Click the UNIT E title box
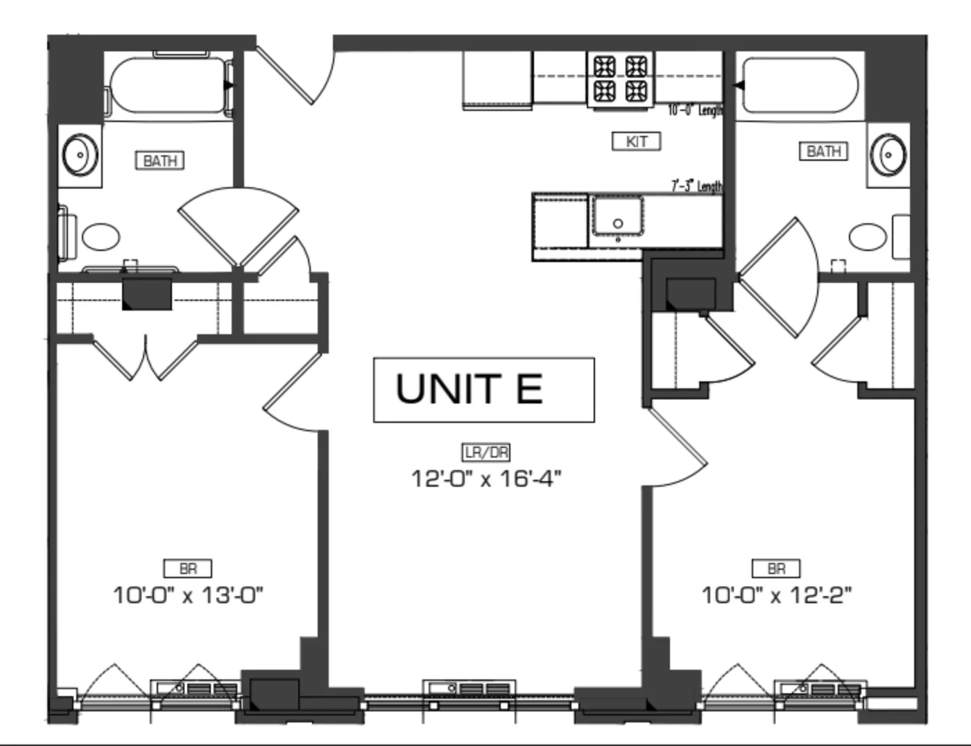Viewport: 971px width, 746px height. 483,390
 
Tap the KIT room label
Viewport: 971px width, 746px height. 636,141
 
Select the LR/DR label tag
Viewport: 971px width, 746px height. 486,453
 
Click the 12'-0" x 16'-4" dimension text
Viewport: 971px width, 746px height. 486,478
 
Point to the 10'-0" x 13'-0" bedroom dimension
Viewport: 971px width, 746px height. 188,595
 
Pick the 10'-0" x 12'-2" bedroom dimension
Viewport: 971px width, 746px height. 776,595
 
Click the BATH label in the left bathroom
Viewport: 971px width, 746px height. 160,161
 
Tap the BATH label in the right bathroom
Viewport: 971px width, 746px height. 823,151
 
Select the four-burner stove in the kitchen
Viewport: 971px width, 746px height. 621,78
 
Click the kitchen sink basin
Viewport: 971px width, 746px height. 617,216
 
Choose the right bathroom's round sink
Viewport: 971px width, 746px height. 888,154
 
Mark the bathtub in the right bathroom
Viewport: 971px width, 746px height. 800,85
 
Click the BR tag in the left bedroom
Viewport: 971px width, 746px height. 187,569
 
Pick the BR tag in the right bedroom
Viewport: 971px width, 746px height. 776,569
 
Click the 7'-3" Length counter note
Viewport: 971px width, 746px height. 696,186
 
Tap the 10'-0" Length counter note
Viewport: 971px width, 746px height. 695,110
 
